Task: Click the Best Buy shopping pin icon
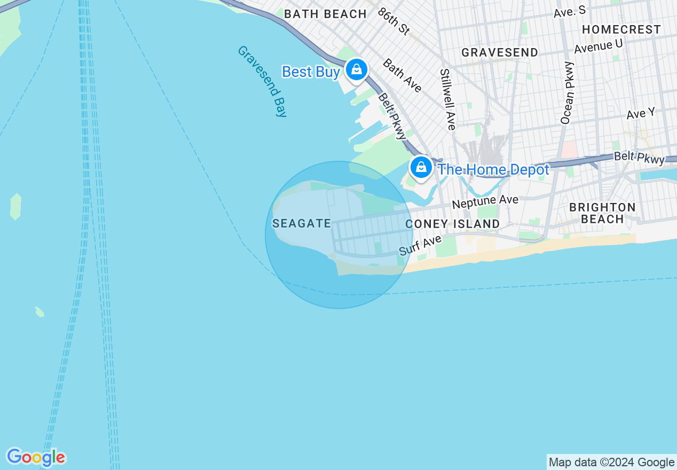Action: click(x=356, y=69)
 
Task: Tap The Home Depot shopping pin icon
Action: click(x=421, y=167)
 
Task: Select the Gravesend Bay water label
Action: click(x=262, y=81)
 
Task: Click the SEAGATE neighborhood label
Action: click(x=302, y=223)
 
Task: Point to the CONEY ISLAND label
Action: click(x=453, y=224)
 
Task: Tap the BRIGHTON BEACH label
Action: click(x=602, y=213)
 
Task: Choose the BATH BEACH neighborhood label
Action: click(x=325, y=14)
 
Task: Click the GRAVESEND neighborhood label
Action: click(x=500, y=52)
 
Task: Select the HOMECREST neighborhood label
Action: click(x=621, y=29)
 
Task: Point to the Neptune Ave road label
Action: click(x=485, y=201)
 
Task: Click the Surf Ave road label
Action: click(x=421, y=245)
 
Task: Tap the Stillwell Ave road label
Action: click(x=447, y=99)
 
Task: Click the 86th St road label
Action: click(x=393, y=21)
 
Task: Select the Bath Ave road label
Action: click(x=402, y=75)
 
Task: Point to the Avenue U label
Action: click(x=599, y=46)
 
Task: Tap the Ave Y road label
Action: click(x=641, y=114)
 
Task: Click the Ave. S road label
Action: click(x=570, y=11)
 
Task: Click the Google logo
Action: click(x=36, y=457)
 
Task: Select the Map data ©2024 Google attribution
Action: click(x=612, y=463)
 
